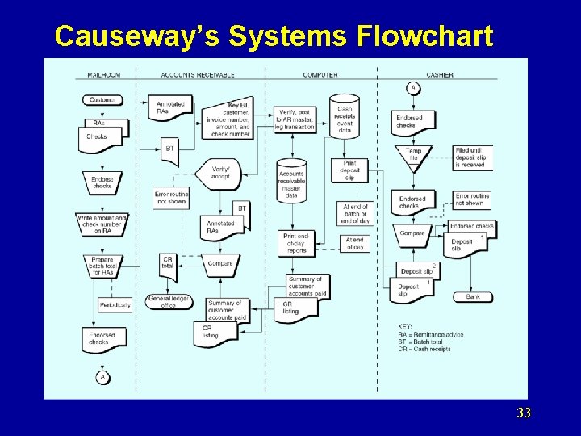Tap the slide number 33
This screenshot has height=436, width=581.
[524, 413]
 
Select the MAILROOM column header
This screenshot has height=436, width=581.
[103, 75]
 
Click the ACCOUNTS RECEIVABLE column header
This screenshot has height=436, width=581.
[198, 75]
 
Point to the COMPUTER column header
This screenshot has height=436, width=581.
[320, 75]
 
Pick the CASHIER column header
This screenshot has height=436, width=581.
[440, 75]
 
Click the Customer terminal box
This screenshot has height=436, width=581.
[102, 100]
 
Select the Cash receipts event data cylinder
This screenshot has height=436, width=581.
[345, 118]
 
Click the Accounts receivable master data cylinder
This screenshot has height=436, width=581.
[291, 182]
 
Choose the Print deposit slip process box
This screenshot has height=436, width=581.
[349, 170]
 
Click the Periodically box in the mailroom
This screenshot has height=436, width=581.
[115, 305]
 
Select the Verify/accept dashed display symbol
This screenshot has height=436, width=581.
[219, 173]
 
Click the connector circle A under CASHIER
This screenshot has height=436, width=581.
[413, 88]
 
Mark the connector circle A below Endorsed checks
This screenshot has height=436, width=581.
[102, 377]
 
